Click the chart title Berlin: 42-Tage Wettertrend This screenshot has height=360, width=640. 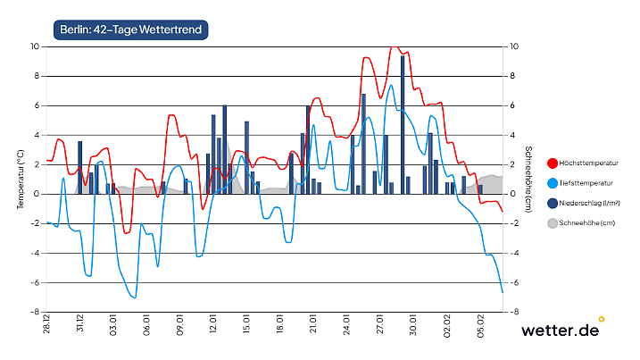point(129,30)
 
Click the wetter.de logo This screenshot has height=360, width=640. point(562,330)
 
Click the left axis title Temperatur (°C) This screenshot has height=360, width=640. point(20,179)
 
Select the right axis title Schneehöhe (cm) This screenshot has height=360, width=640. point(528,179)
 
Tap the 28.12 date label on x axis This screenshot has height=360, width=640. point(46,324)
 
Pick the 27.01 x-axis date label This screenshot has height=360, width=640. point(381,324)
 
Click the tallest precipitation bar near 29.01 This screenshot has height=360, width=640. point(403,125)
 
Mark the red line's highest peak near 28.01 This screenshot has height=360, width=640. point(394,46)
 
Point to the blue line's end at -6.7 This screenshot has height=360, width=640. point(503,292)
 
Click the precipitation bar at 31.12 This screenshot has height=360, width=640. point(80,168)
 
